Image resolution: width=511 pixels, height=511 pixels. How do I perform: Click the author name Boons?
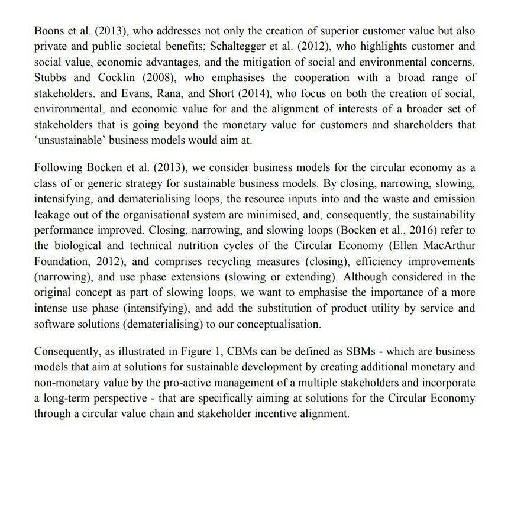point(49,30)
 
